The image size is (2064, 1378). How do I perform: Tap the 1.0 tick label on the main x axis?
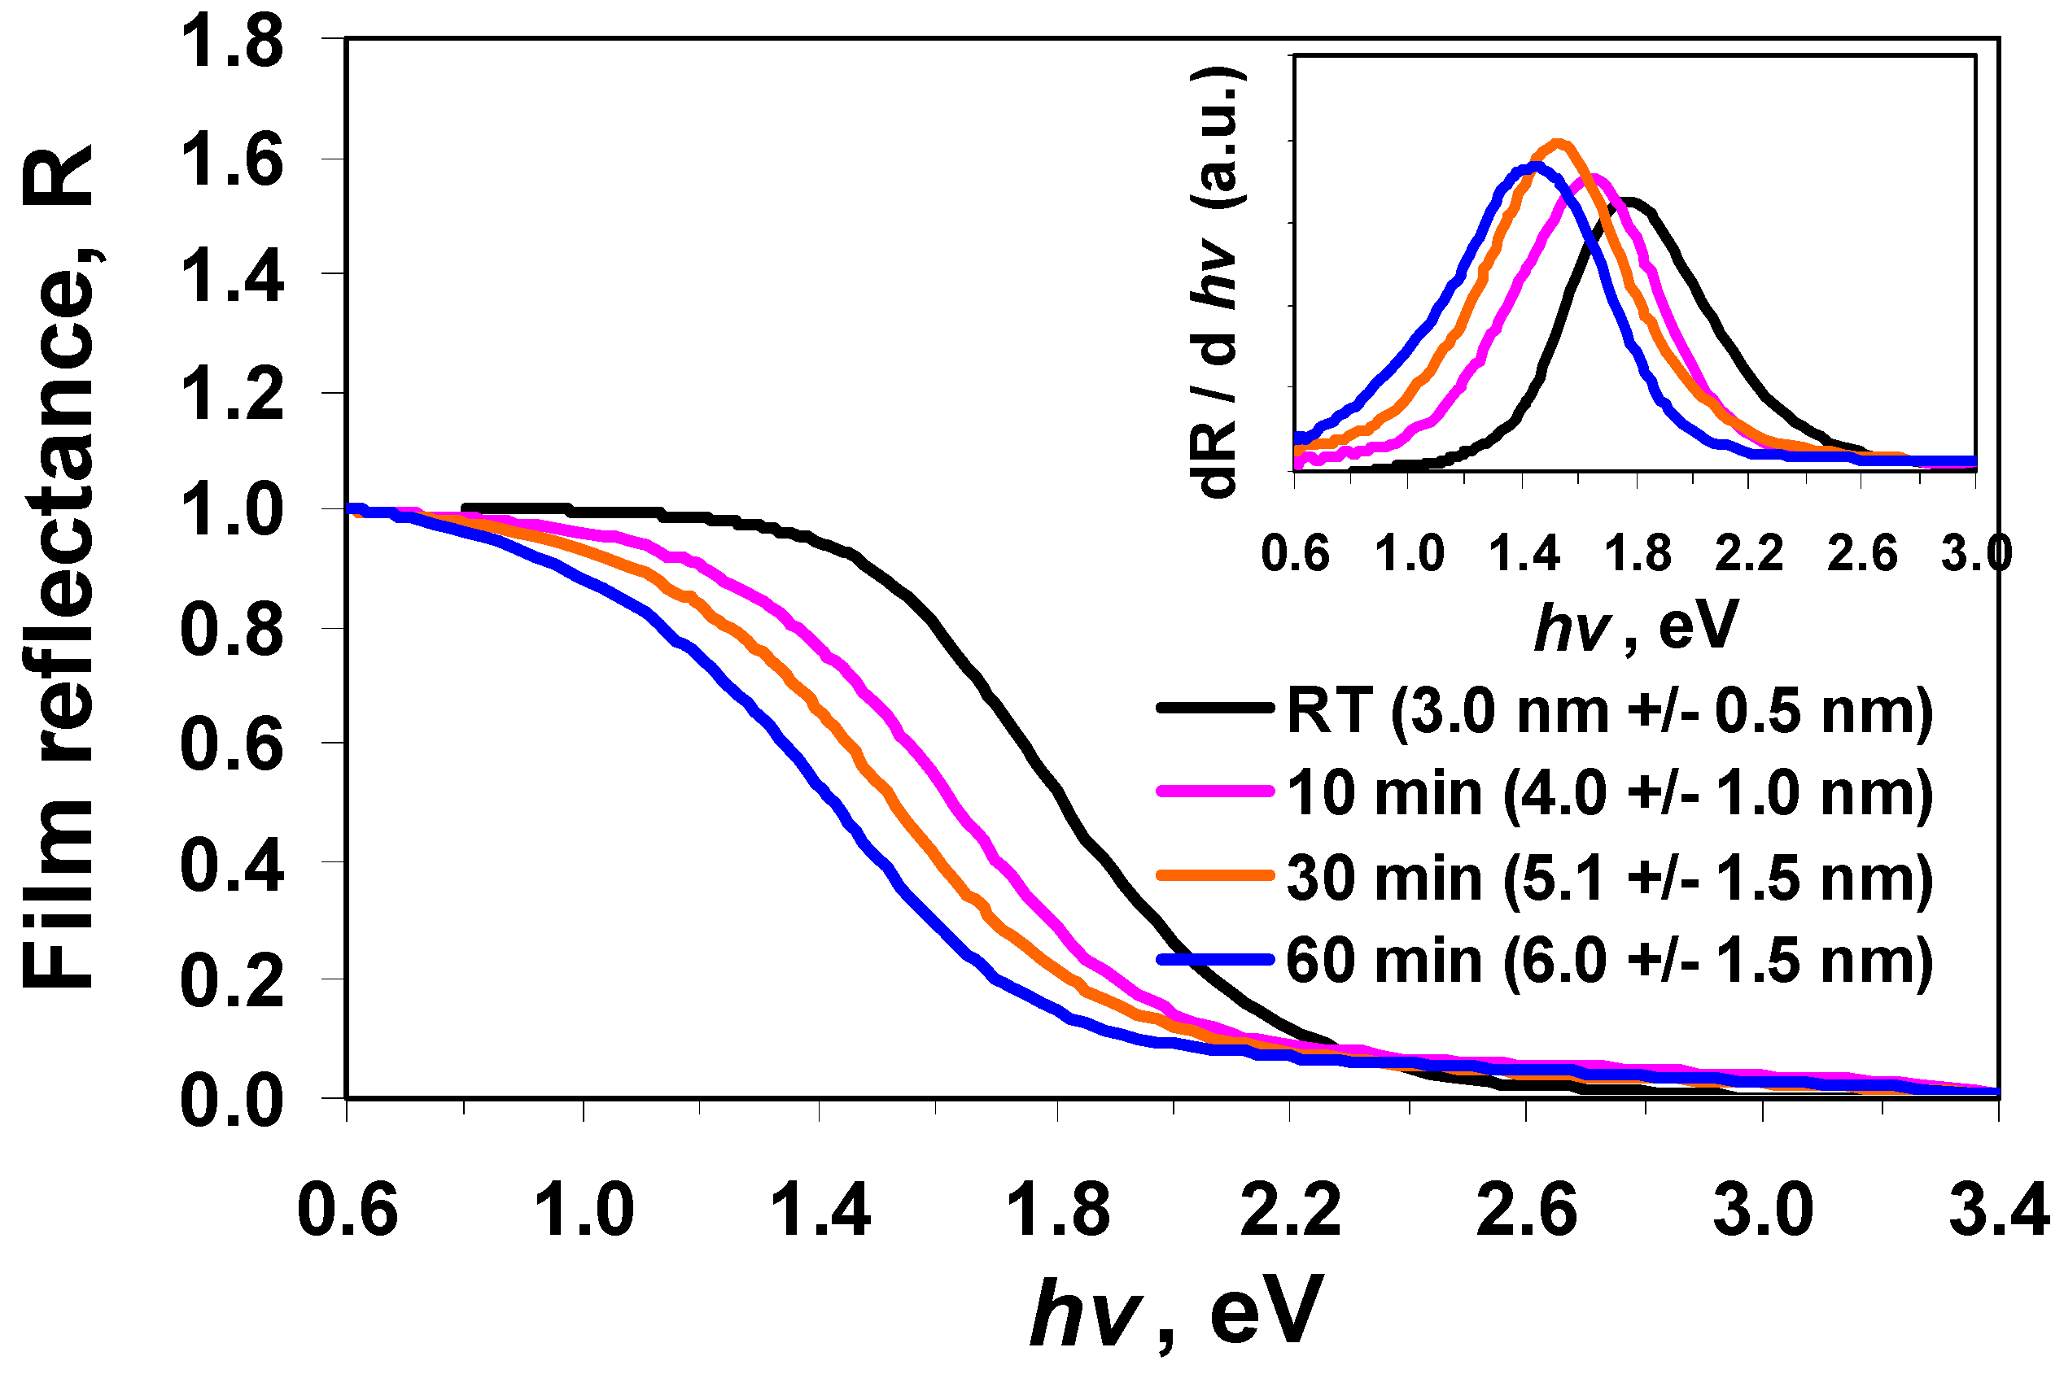pyautogui.click(x=584, y=1211)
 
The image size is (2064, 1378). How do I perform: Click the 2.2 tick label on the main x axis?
pyautogui.click(x=1291, y=1211)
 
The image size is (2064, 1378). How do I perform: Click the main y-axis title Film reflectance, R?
pyautogui.click(x=58, y=567)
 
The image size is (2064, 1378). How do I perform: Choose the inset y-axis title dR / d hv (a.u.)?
pyautogui.click(x=1218, y=281)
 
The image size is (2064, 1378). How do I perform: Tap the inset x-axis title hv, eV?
pyautogui.click(x=1636, y=626)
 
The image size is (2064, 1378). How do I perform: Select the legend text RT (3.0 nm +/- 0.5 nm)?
pyautogui.click(x=1610, y=710)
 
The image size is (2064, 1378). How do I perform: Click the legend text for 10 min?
pyautogui.click(x=1610, y=792)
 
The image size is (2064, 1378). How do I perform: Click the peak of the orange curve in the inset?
pyautogui.click(x=1559, y=143)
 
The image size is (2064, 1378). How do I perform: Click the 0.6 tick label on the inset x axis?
pyautogui.click(x=1296, y=555)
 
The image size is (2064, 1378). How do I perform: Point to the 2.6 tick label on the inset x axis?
pyautogui.click(x=1863, y=555)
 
